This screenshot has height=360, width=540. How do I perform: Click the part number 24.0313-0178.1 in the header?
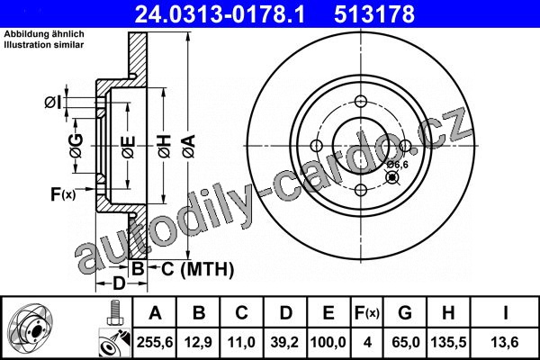[x=220, y=14]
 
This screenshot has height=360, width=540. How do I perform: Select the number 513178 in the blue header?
[x=374, y=14]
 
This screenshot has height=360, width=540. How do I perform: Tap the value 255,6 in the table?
[x=155, y=342]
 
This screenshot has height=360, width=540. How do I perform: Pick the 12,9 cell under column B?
[x=198, y=342]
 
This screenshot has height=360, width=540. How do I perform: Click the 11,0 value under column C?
[x=241, y=342]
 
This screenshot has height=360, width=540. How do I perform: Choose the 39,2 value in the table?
[x=284, y=342]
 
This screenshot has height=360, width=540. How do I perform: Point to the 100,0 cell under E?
[x=328, y=342]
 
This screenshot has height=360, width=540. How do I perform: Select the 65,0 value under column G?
[x=405, y=342]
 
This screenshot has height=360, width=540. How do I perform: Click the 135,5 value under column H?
[x=448, y=342]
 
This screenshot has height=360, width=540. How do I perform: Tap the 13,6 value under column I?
[x=505, y=342]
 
